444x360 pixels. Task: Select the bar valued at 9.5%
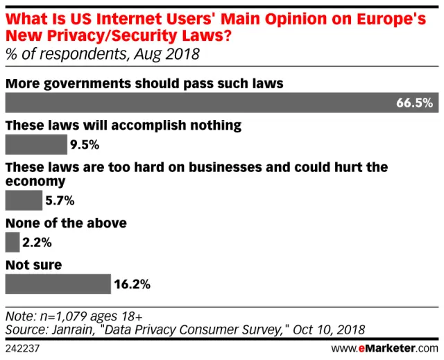pyautogui.click(x=35, y=145)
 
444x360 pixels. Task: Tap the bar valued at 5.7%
pyautogui.click(x=24, y=200)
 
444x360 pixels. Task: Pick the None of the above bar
pyautogui.click(x=12, y=242)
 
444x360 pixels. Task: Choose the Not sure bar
pyautogui.click(x=58, y=284)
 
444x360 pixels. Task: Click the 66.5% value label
pyautogui.click(x=414, y=103)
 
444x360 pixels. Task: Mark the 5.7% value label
pyautogui.click(x=60, y=200)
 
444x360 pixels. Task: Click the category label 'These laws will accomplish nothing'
pyautogui.click(x=123, y=126)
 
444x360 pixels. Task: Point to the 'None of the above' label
pyautogui.click(x=66, y=223)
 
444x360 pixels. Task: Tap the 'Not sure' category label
pyautogui.click(x=34, y=264)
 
